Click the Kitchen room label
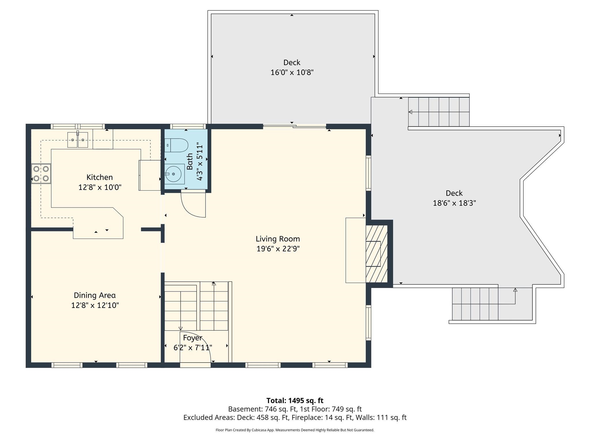point(99,177)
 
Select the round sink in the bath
point(173,174)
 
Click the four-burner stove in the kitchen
point(41,174)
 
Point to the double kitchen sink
point(77,140)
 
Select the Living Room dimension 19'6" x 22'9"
point(278,249)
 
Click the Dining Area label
point(95,295)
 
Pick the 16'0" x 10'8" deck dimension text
point(292,73)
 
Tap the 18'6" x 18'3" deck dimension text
point(454,203)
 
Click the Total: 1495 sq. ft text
point(295,401)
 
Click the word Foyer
point(192,338)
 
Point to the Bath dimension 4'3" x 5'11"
point(200,163)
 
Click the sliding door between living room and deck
point(294,126)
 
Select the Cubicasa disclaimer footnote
point(295,430)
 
